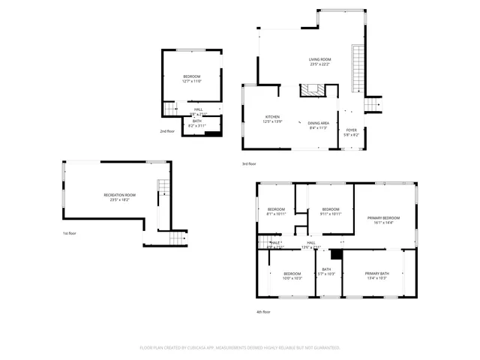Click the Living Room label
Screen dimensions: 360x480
click(320, 59)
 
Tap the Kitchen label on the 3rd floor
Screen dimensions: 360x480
click(272, 117)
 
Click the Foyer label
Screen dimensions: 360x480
click(351, 130)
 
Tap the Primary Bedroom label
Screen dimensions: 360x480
click(383, 217)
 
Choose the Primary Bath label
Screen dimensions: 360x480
click(376, 274)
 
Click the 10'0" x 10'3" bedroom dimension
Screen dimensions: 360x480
click(292, 278)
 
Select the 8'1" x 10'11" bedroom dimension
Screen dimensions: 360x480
click(276, 214)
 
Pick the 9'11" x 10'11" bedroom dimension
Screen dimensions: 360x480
click(331, 214)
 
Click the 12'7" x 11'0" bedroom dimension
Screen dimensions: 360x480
click(193, 81)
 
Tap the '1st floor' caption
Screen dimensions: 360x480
click(69, 233)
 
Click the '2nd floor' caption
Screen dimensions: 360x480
click(167, 131)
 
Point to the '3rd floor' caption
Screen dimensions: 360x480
click(249, 163)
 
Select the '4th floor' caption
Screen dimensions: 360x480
click(264, 311)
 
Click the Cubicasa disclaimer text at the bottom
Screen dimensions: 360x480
click(240, 348)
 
